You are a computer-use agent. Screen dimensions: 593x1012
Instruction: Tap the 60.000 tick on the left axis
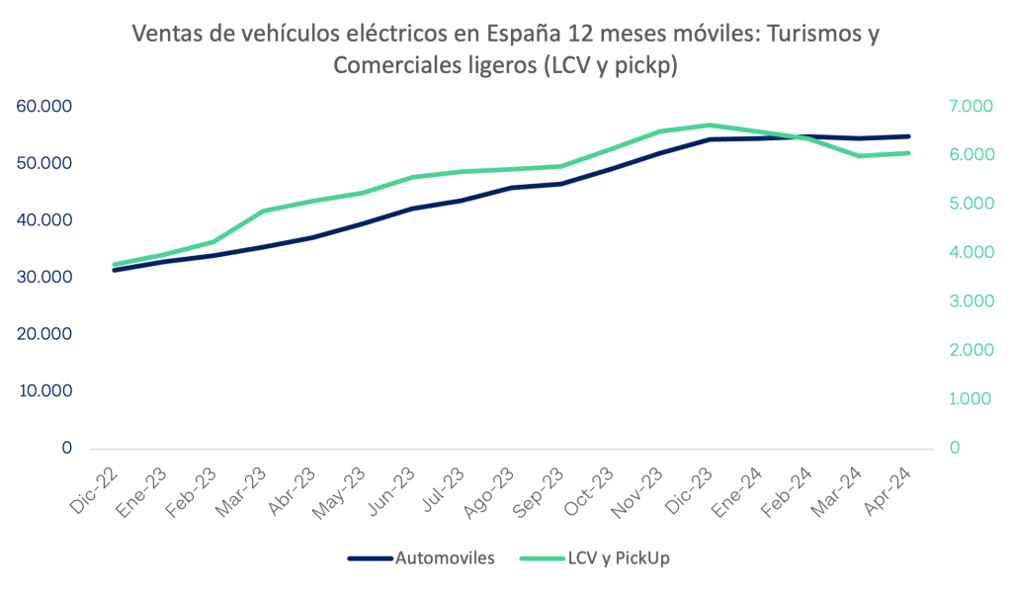tap(44, 106)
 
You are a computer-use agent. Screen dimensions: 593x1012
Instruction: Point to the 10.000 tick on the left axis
tap(44, 391)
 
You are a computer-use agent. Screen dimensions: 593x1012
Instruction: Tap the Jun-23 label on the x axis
tap(396, 486)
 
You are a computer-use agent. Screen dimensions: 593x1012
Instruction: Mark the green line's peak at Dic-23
tap(709, 126)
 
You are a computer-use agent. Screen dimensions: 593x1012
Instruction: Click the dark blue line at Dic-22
tap(116, 270)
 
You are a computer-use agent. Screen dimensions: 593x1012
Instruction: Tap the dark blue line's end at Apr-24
tap(907, 136)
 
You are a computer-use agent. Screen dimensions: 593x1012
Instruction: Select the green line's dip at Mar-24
tap(858, 155)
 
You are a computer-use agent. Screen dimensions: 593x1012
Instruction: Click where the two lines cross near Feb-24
tap(799, 137)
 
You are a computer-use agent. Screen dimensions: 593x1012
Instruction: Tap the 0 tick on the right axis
tap(955, 448)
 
